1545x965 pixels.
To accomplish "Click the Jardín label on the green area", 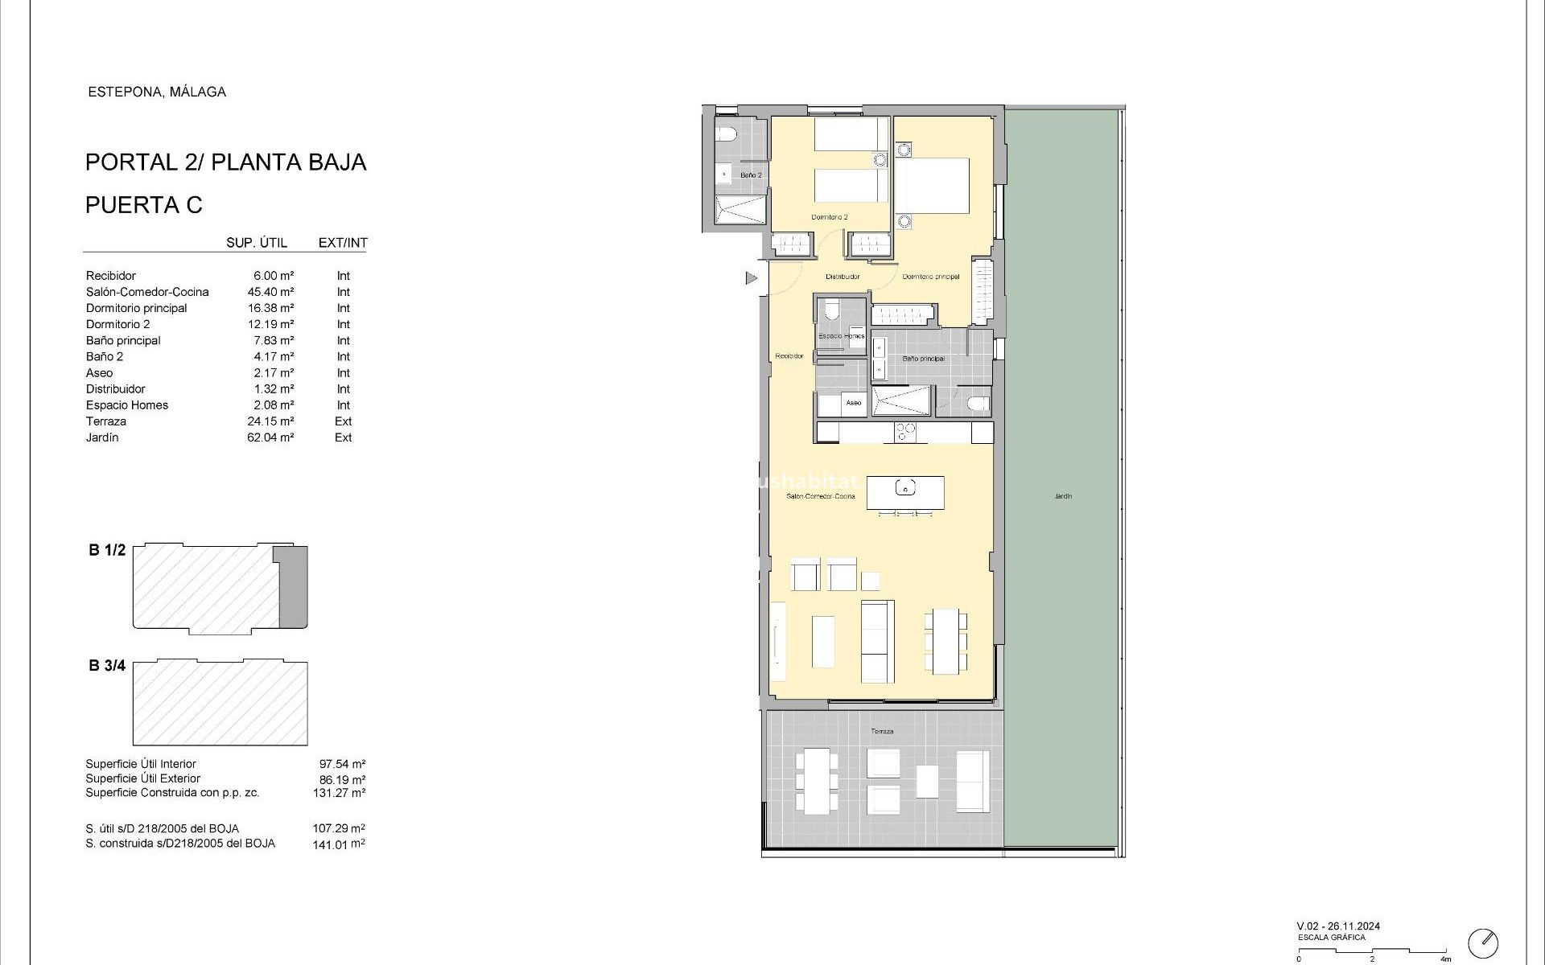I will [x=1063, y=496].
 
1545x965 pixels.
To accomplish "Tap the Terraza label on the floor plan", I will [x=882, y=731].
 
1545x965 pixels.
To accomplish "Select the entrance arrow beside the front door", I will [x=752, y=278].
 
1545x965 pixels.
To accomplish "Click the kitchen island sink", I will [x=906, y=488].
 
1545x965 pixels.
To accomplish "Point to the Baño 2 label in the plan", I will [x=751, y=175].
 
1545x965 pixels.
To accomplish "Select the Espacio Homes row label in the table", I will [x=127, y=405].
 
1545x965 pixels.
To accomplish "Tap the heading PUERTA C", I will [x=144, y=205].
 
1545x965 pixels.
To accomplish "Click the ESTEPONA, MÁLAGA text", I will [x=157, y=92].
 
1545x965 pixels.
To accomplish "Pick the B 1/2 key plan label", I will [x=107, y=551].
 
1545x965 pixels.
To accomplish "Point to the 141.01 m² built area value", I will [x=339, y=844].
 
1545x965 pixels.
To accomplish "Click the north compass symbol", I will [x=1483, y=942].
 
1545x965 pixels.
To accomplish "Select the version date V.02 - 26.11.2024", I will [x=1338, y=926].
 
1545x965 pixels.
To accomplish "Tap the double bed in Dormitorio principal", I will [x=932, y=185].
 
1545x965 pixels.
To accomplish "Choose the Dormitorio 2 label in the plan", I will [x=829, y=217].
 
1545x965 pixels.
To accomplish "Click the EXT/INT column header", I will [x=343, y=243].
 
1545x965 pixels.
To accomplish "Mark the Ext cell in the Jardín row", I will [x=344, y=437].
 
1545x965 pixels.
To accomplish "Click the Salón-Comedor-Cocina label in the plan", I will [x=821, y=496].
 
